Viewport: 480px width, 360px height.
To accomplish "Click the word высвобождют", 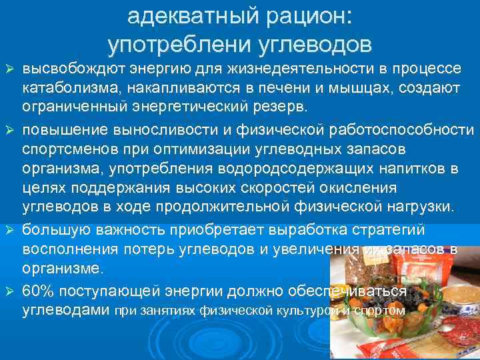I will [65, 69].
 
